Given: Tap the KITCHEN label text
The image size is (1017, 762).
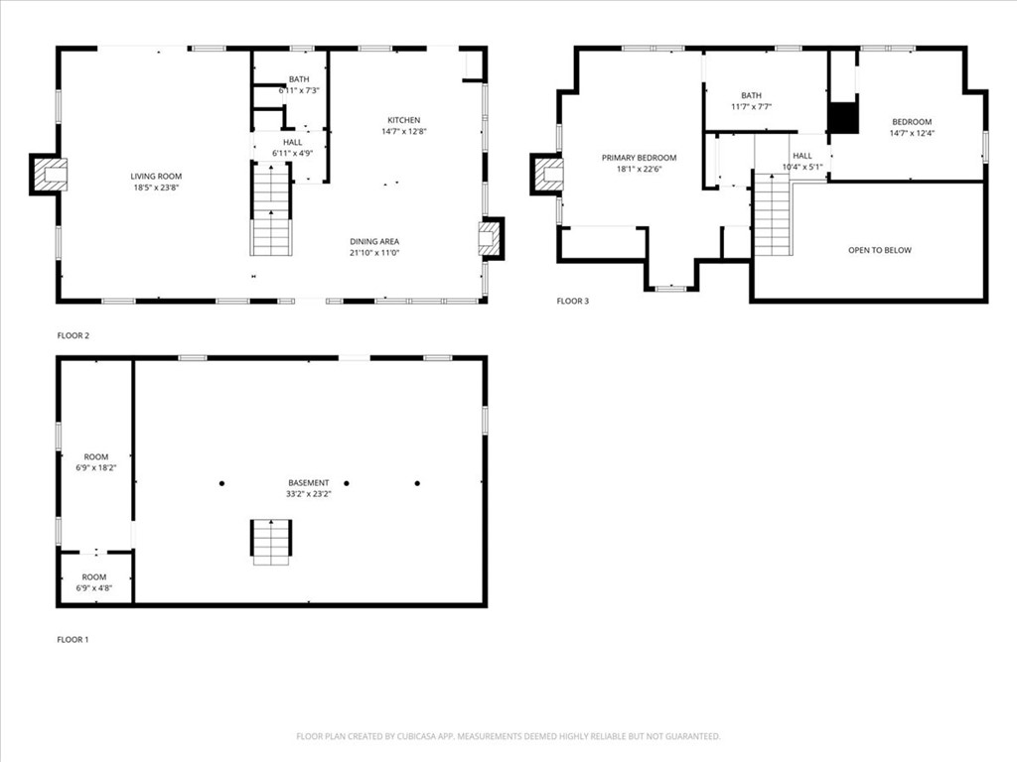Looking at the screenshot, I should [403, 120].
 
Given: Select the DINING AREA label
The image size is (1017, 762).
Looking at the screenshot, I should [374, 241].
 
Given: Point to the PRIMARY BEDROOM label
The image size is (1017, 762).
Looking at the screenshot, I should [639, 158].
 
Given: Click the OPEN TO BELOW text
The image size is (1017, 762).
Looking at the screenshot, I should [879, 250].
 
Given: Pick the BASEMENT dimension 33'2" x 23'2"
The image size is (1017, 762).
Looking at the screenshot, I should [308, 494].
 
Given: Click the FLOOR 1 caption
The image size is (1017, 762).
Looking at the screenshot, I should [73, 640].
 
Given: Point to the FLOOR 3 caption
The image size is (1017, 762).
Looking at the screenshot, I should [572, 301].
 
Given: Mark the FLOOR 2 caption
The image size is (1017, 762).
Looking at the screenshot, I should [73, 335].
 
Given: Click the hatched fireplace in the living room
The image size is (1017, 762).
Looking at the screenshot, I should [50, 175].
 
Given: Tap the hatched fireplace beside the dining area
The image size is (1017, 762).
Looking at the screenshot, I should [490, 238].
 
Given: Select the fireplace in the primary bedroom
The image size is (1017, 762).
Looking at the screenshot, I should [548, 175].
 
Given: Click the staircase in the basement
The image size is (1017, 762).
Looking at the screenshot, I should [270, 542].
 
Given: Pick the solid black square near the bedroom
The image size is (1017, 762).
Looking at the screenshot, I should [842, 117].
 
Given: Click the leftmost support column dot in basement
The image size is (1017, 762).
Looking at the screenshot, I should [221, 483].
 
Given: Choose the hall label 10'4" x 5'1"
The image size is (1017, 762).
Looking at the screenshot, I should [802, 161].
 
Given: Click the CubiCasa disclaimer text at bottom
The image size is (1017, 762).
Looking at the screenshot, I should [508, 736].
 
